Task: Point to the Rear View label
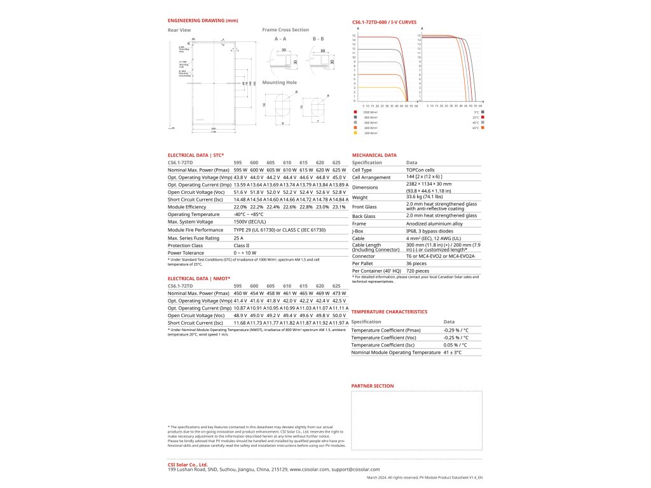[x=179, y=30]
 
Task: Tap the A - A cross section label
[x=280, y=39]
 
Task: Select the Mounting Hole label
[x=279, y=83]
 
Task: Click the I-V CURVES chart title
[x=384, y=22]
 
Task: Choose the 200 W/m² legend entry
[x=368, y=133]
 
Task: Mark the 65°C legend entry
[x=476, y=128]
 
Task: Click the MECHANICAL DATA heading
[x=374, y=155]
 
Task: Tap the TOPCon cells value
[x=420, y=171]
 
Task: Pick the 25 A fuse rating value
[x=238, y=238]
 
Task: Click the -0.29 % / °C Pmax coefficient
[x=455, y=330]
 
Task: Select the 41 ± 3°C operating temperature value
[x=452, y=352]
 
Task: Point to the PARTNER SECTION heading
[x=373, y=386]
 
